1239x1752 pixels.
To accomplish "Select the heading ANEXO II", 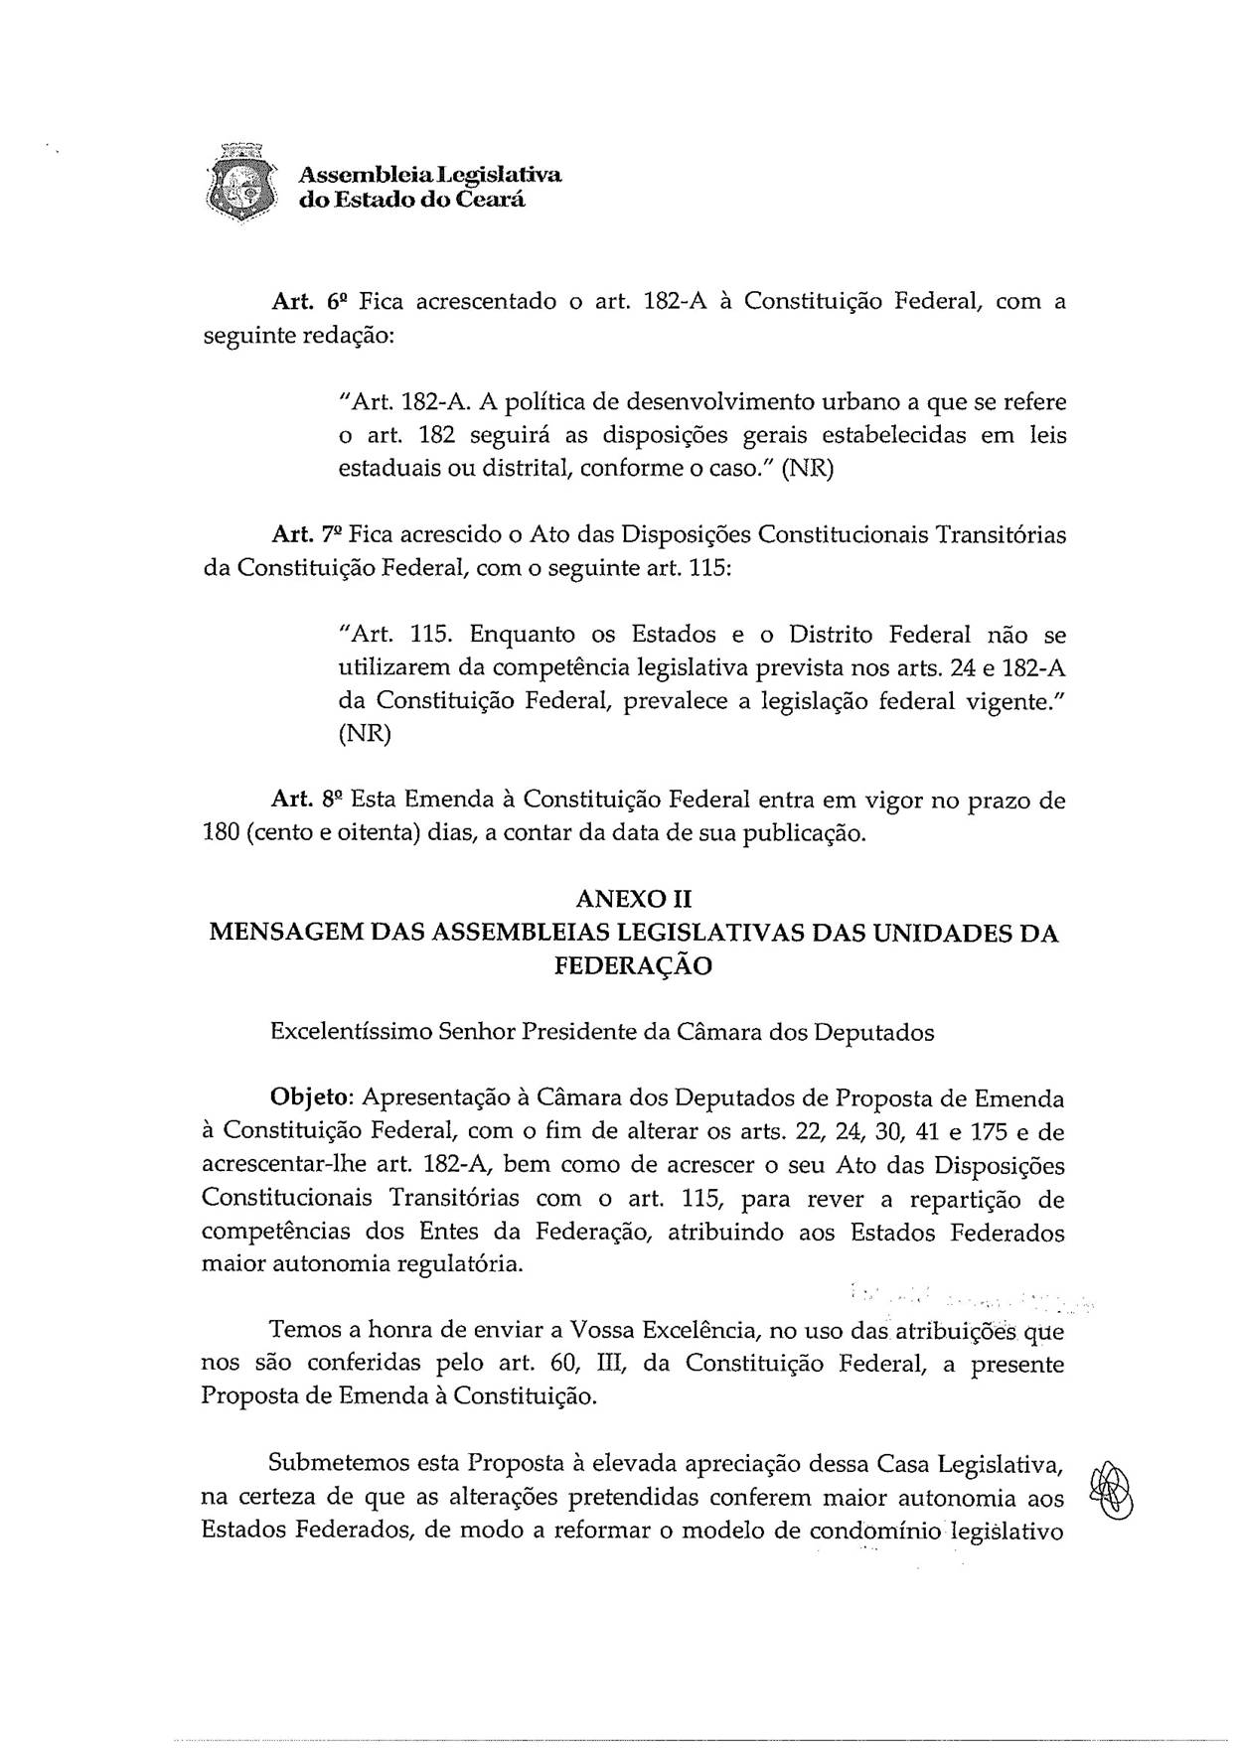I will pyautogui.click(x=633, y=900).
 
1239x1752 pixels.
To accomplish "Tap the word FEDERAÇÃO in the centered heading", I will pyautogui.click(x=633, y=966).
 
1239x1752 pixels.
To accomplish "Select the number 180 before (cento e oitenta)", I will pyautogui.click(x=220, y=832).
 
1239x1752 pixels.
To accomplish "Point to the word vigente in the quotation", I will pyautogui.click(x=1010, y=701).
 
